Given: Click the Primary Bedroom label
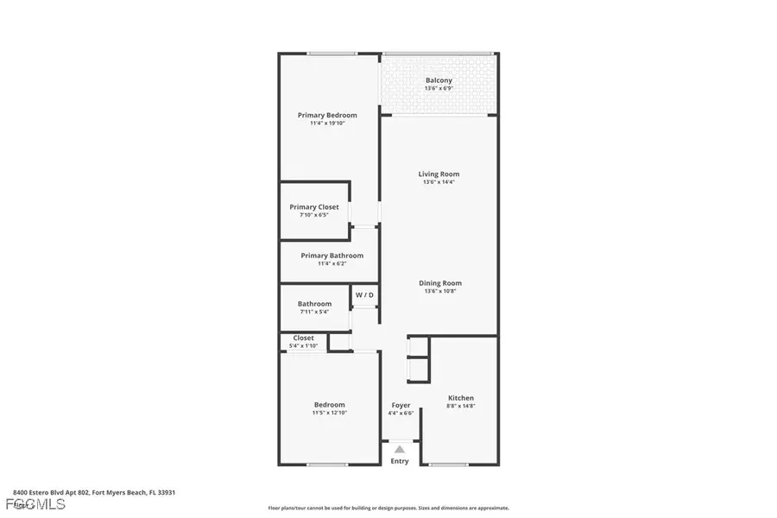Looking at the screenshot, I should pyautogui.click(x=327, y=115).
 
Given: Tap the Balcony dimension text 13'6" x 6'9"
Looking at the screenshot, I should pyautogui.click(x=439, y=89).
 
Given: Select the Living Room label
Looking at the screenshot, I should pyautogui.click(x=439, y=174).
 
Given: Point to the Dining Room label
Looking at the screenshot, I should pyautogui.click(x=440, y=283).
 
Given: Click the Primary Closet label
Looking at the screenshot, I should pyautogui.click(x=314, y=207).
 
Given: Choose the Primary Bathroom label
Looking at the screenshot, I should pyautogui.click(x=332, y=256).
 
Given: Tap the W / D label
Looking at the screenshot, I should pyautogui.click(x=364, y=295).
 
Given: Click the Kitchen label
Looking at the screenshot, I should pyautogui.click(x=460, y=398).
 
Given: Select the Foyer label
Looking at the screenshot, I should pyautogui.click(x=401, y=405).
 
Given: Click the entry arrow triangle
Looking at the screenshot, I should pyautogui.click(x=400, y=449).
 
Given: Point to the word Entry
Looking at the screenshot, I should pyautogui.click(x=400, y=461).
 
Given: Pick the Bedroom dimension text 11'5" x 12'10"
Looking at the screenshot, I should pyautogui.click(x=329, y=413).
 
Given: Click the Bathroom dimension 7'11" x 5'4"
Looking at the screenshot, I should pyautogui.click(x=314, y=312).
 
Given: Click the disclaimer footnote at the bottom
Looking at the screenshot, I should pyautogui.click(x=388, y=509).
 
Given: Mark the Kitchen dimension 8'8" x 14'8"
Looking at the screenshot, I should pyautogui.click(x=460, y=406).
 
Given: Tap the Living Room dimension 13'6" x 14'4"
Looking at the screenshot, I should pyautogui.click(x=439, y=182).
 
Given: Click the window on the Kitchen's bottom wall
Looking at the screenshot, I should pyautogui.click(x=448, y=465).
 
